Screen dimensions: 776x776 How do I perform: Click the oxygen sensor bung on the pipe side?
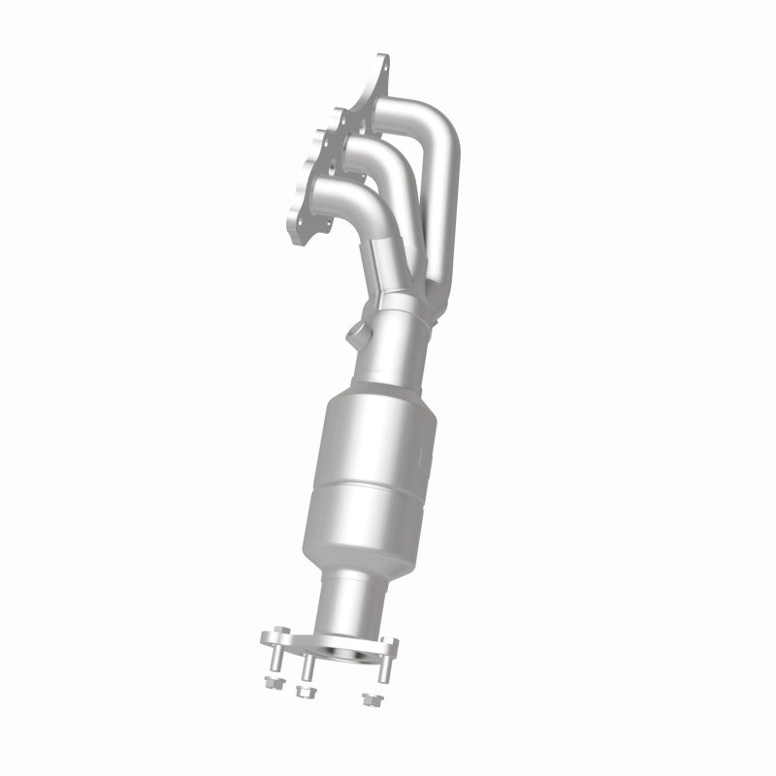tap(357, 339)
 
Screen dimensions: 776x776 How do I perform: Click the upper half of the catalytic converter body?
tap(373, 436)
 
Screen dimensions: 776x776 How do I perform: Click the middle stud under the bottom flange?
tap(307, 669)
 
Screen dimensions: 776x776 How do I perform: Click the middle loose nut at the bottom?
tap(307, 693)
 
